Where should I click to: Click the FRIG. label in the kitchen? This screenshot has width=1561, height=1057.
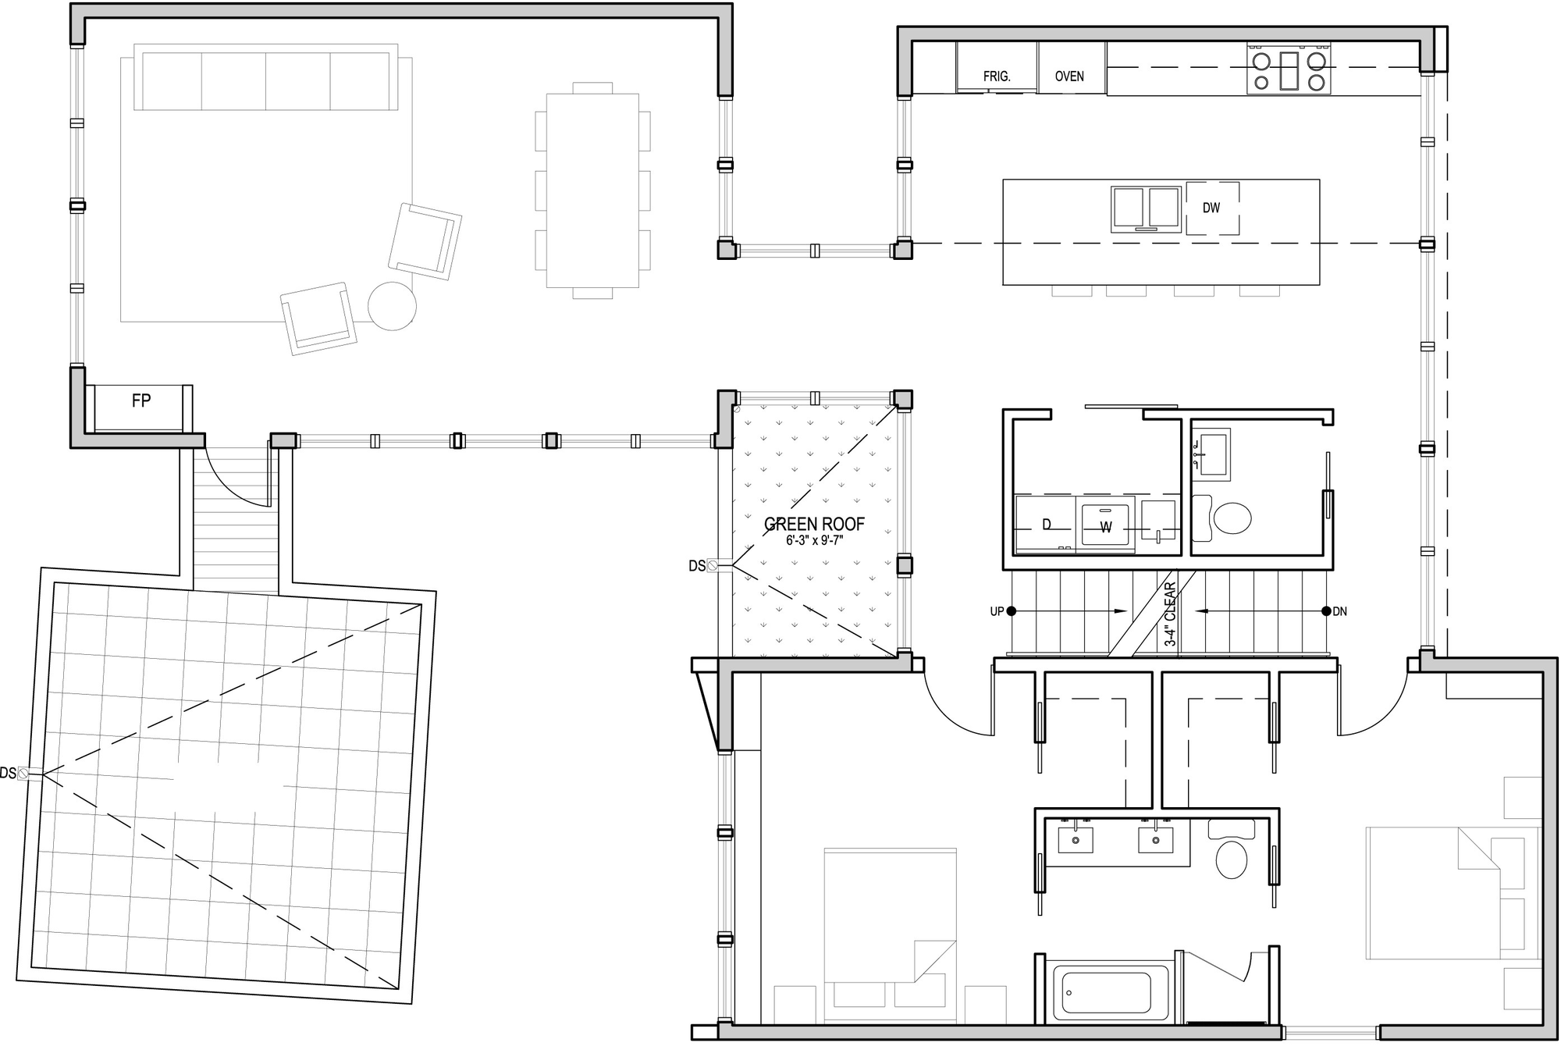[997, 77]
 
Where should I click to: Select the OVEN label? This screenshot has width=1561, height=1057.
[1069, 77]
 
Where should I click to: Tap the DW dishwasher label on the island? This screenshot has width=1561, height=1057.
[1211, 208]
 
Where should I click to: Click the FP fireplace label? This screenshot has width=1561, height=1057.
[141, 401]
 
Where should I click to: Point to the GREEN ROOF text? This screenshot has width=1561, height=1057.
[814, 524]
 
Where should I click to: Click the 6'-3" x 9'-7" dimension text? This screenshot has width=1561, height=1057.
[814, 540]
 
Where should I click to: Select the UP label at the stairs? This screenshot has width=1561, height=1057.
[997, 611]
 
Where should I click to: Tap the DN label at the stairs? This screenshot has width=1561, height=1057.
[1339, 611]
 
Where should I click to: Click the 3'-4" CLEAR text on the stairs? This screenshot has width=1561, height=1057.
[1170, 614]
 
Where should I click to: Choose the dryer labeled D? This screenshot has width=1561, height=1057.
[1047, 525]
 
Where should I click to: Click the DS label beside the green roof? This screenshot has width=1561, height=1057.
[697, 566]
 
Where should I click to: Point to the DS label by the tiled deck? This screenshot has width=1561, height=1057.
[8, 773]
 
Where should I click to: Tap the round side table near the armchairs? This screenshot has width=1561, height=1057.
[392, 305]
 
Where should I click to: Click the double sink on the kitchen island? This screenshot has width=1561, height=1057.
[1146, 208]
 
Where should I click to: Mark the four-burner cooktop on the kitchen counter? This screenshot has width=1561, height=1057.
[1289, 70]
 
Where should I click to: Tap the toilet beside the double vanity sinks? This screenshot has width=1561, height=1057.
[1232, 855]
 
